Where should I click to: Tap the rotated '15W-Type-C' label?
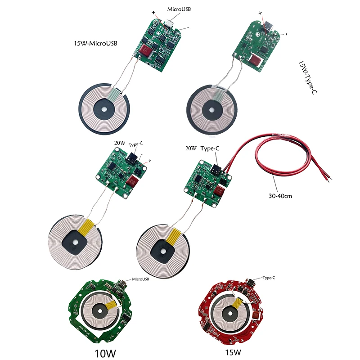pos(307,78)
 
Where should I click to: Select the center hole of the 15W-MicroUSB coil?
pos(104,108)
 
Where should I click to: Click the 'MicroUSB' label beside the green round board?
pos(140,279)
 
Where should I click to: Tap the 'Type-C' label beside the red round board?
pos(269,278)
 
